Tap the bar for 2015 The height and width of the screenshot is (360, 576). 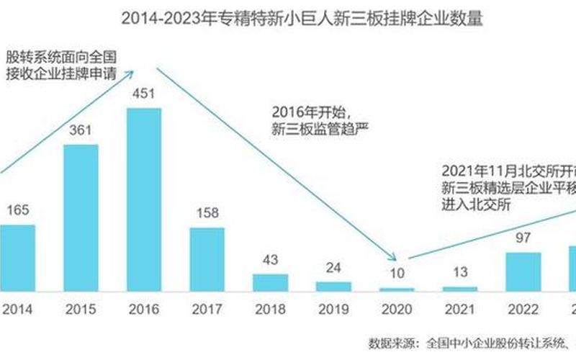click(x=81, y=217)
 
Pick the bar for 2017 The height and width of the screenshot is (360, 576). click(x=207, y=258)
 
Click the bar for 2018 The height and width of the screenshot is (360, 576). click(x=270, y=282)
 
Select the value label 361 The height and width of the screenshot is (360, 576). click(x=81, y=131)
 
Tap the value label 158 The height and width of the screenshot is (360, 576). click(x=207, y=213)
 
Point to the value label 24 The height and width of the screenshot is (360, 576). click(x=333, y=267)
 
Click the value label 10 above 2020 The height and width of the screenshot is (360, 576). click(x=396, y=274)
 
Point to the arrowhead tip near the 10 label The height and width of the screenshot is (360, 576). click(x=395, y=258)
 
